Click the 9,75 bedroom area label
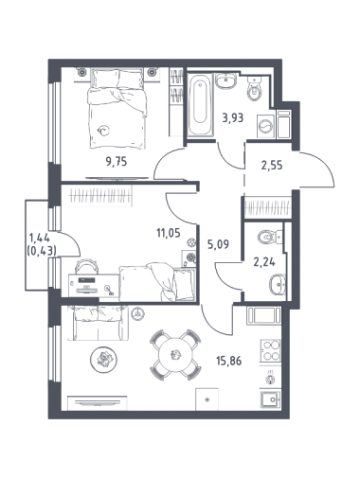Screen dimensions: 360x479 [x=117, y=162]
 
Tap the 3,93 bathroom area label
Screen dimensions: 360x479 [x=233, y=118]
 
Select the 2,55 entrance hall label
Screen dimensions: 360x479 [x=272, y=165]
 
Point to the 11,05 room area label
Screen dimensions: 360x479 [x=169, y=233]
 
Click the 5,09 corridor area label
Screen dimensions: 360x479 [x=218, y=243]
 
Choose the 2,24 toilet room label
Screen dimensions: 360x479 [x=264, y=261]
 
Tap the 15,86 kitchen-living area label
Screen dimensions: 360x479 [x=229, y=361]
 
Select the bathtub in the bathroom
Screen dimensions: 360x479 [x=200, y=105]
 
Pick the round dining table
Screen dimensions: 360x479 [x=175, y=354]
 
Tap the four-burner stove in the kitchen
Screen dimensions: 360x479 [x=270, y=350]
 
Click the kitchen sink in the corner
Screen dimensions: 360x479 [x=271, y=399]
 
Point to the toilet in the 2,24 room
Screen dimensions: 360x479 [x=269, y=237]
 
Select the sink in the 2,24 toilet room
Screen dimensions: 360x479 [x=278, y=285]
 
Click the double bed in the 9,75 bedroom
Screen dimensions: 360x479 [x=117, y=109]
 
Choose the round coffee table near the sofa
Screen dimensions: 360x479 [x=103, y=359]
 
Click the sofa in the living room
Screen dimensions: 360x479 [x=99, y=323]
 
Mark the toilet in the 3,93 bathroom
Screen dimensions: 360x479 [x=254, y=90]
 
